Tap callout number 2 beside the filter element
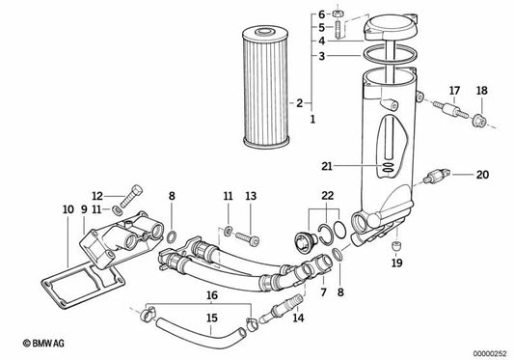[300, 102]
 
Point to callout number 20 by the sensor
[482, 175]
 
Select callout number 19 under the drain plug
[394, 262]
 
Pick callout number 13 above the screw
[251, 196]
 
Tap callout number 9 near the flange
[84, 208]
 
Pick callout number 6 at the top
[322, 14]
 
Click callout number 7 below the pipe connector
[323, 263]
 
